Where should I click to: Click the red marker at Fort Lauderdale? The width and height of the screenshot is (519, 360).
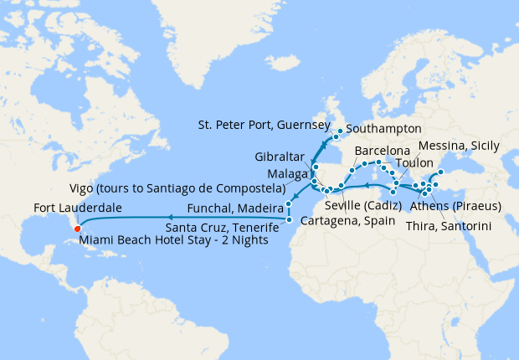(77, 227)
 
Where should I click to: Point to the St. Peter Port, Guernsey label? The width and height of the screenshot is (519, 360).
(264, 125)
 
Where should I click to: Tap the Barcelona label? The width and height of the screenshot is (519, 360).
(383, 152)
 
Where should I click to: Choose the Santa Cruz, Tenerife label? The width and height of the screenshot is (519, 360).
(221, 227)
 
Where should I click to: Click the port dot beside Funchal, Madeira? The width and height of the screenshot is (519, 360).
(287, 204)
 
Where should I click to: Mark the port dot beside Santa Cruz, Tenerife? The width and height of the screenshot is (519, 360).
(288, 221)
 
